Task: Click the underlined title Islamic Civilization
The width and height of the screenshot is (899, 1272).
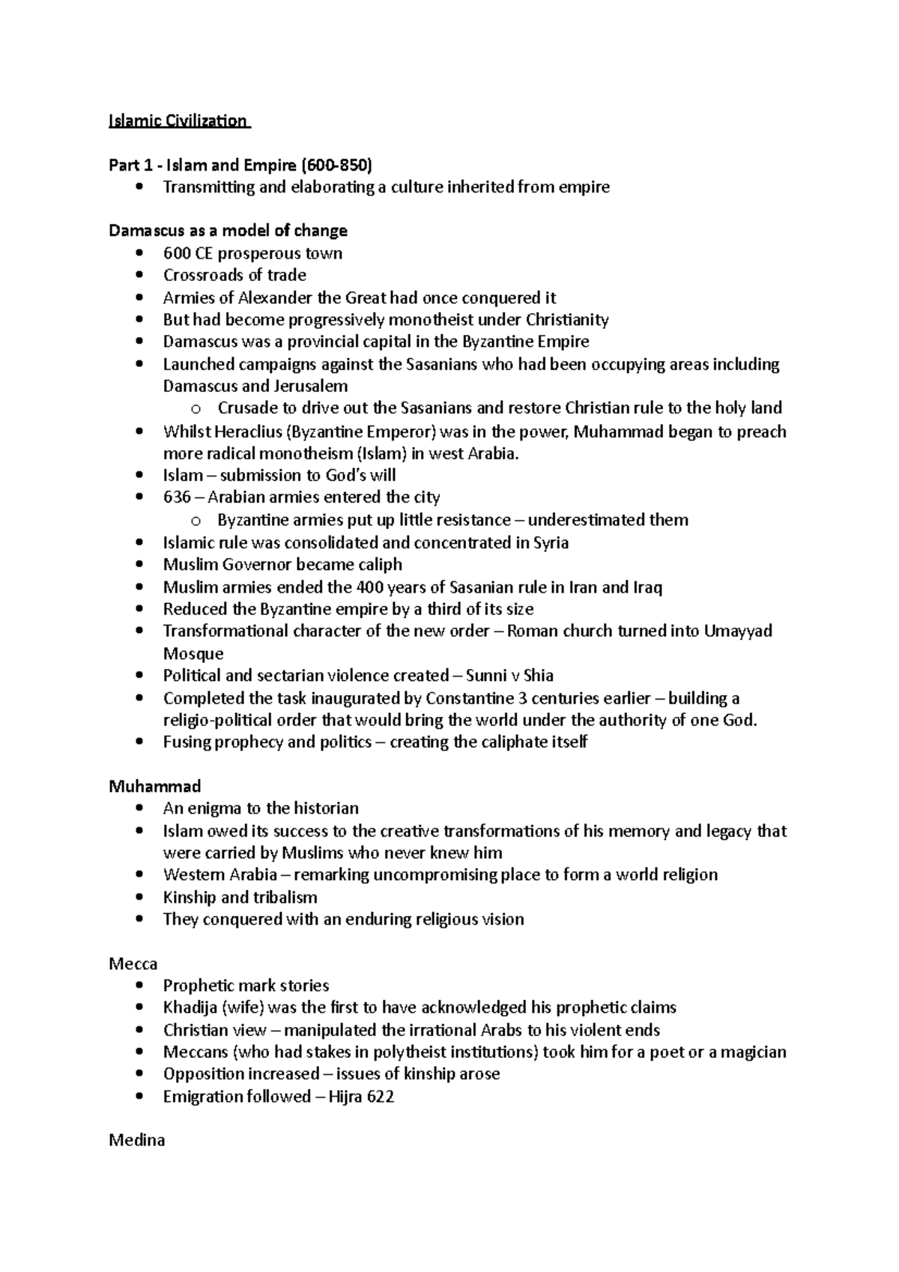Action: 178,121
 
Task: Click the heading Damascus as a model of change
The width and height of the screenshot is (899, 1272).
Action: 228,231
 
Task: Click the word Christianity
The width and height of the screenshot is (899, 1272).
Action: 567,320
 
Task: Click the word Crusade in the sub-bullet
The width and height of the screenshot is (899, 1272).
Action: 246,408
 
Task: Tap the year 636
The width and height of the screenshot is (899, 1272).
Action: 177,497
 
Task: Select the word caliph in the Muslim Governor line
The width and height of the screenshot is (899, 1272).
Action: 379,564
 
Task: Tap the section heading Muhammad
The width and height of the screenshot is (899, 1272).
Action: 155,787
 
